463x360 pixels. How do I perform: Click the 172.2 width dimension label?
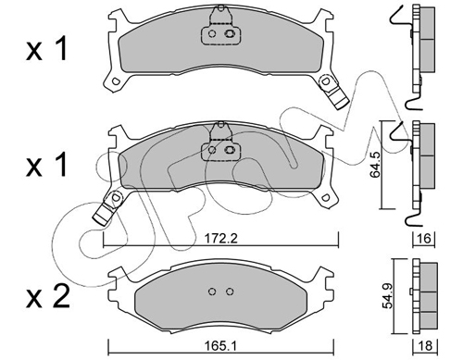[221, 239]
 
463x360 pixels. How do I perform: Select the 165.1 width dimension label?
[220, 346]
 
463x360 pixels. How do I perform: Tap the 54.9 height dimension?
[388, 297]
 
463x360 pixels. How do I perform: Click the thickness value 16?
[425, 239]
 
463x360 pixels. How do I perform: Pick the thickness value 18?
[425, 346]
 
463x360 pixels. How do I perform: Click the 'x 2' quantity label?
[47, 297]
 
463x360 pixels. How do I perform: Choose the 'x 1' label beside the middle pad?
[46, 166]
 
